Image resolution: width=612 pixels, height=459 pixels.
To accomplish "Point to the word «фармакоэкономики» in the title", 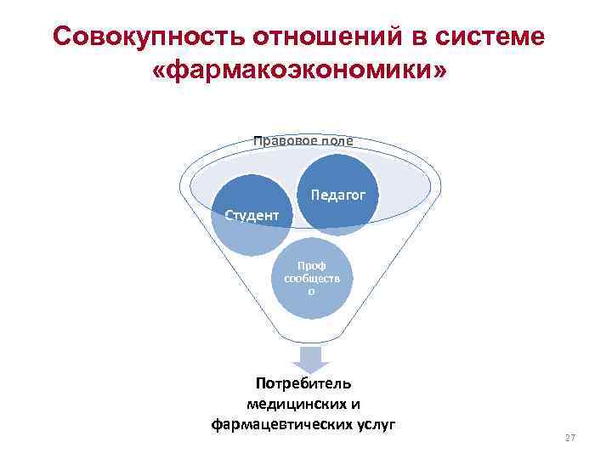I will pos(297,71).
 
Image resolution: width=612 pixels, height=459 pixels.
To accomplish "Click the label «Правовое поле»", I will pos(303,140).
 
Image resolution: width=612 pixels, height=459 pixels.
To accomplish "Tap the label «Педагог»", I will pos(337,195).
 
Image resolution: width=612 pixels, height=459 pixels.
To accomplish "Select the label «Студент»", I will pos(251,215).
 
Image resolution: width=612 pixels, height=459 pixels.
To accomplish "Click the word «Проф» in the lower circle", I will pos(311,265).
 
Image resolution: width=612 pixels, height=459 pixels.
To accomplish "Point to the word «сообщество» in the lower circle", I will pos(311,278).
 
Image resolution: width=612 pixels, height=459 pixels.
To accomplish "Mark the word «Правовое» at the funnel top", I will pos(284,140).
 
